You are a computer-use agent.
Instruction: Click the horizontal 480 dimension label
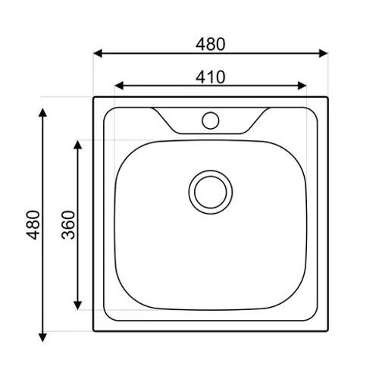tap(210, 44)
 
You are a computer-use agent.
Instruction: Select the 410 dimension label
tap(210, 77)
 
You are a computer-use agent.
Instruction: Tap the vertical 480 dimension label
tap(33, 225)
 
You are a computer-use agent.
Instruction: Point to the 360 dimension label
tap(68, 225)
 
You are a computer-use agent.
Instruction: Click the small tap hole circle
tap(211, 121)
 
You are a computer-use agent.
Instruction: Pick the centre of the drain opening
tap(211, 192)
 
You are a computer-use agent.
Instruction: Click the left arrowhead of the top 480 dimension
tap(98, 53)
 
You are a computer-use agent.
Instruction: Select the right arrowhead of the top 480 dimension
tap(324, 53)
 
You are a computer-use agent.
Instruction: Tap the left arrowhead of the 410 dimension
tap(119, 86)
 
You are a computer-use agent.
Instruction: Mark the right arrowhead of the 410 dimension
tap(302, 86)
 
